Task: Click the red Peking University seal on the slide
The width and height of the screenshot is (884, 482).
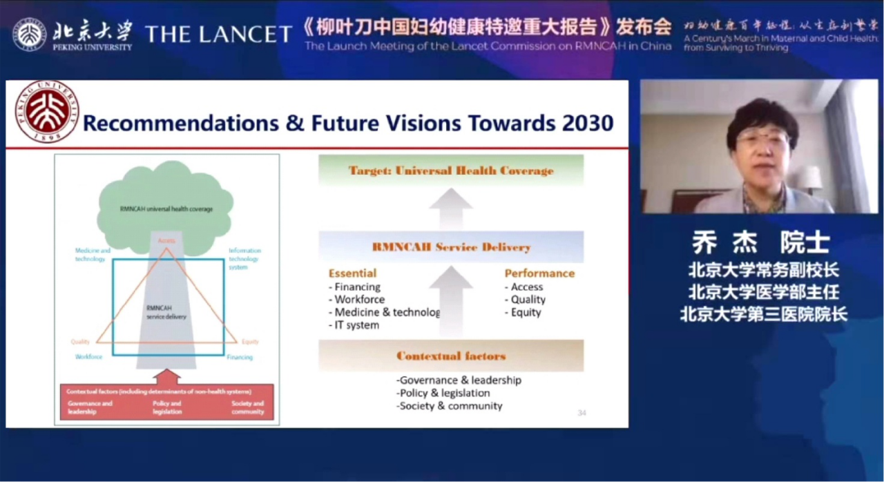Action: tap(47, 112)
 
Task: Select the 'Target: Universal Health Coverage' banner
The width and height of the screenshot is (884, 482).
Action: tap(451, 171)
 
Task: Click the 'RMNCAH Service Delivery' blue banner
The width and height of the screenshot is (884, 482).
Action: tap(451, 247)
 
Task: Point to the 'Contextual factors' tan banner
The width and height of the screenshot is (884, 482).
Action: tap(451, 356)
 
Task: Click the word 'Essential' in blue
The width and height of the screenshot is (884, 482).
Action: tap(352, 273)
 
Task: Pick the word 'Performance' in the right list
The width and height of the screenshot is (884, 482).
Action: tap(539, 273)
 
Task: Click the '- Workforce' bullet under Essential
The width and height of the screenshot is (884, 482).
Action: tap(356, 300)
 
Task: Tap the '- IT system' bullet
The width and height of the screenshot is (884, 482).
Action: tap(354, 325)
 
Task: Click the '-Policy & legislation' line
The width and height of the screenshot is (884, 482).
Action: tap(443, 393)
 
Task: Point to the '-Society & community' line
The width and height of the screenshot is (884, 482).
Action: tap(449, 406)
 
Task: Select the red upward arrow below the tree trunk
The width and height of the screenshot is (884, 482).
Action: tap(167, 376)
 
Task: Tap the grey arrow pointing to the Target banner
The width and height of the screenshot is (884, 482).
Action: tap(450, 208)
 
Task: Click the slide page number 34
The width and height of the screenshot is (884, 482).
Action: tap(582, 413)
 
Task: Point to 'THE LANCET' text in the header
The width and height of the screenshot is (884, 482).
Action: tap(218, 34)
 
